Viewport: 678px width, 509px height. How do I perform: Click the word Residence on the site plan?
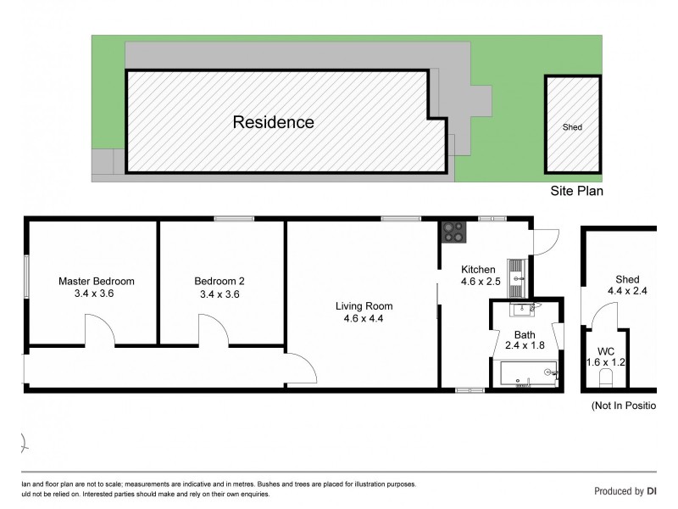tap(273, 122)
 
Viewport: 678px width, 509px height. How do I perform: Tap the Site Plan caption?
tap(576, 192)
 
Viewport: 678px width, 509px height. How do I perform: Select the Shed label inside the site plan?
tap(572, 127)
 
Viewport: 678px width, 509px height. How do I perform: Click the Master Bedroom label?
tap(96, 281)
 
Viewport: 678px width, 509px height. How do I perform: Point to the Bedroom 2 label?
tap(220, 281)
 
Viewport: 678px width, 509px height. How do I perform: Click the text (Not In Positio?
tap(623, 406)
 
